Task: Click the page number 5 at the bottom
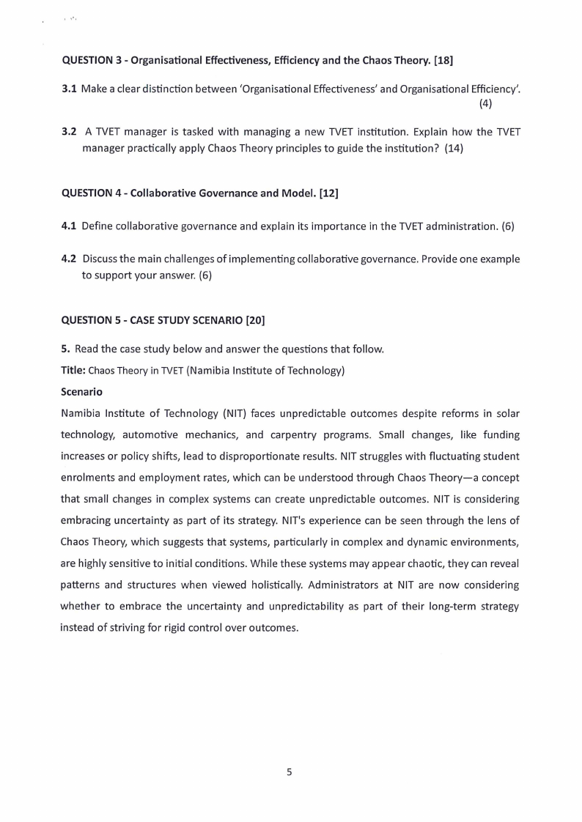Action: click(x=290, y=771)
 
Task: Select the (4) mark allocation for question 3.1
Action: click(x=485, y=103)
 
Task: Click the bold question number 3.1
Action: click(x=70, y=89)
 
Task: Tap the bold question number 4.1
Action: click(x=70, y=226)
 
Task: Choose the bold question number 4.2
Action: click(x=70, y=259)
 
